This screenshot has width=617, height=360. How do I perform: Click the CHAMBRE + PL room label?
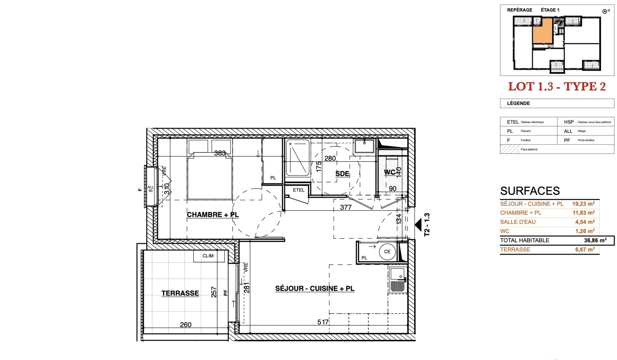click(213, 215)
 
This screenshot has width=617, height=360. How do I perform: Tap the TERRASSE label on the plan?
click(180, 293)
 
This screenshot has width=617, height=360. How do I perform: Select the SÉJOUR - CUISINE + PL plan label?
click(315, 289)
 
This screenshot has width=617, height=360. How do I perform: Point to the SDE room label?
click(342, 174)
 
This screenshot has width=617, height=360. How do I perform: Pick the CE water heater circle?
click(387, 252)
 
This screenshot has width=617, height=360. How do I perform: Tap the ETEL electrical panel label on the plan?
click(299, 190)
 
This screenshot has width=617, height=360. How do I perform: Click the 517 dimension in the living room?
click(323, 322)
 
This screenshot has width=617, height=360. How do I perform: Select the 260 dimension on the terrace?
click(186, 325)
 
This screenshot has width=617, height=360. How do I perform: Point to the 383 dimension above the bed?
click(220, 153)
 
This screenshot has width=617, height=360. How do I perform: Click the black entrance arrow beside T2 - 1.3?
click(418, 225)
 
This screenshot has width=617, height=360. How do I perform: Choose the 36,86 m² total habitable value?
click(595, 240)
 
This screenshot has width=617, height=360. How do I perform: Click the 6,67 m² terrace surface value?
click(585, 249)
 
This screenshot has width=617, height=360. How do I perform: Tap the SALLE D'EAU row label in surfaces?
click(518, 222)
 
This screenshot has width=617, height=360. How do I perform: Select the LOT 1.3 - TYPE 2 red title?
click(557, 86)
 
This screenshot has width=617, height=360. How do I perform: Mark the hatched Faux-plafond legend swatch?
click(509, 149)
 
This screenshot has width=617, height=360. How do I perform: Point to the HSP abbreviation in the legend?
click(568, 122)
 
